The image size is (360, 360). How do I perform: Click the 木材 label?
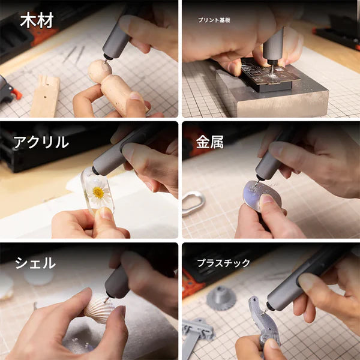[37, 20]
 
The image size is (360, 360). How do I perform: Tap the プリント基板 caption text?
[214, 20]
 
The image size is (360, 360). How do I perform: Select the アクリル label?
[41, 142]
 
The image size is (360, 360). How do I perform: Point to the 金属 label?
[210, 142]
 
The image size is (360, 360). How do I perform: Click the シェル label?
[35, 263]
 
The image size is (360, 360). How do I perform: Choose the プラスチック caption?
[224, 263]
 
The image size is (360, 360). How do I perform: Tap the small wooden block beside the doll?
[46, 96]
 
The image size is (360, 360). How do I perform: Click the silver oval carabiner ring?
[193, 203]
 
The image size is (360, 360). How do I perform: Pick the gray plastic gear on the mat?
[221, 297]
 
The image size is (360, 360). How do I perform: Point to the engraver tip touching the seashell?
[106, 298]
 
